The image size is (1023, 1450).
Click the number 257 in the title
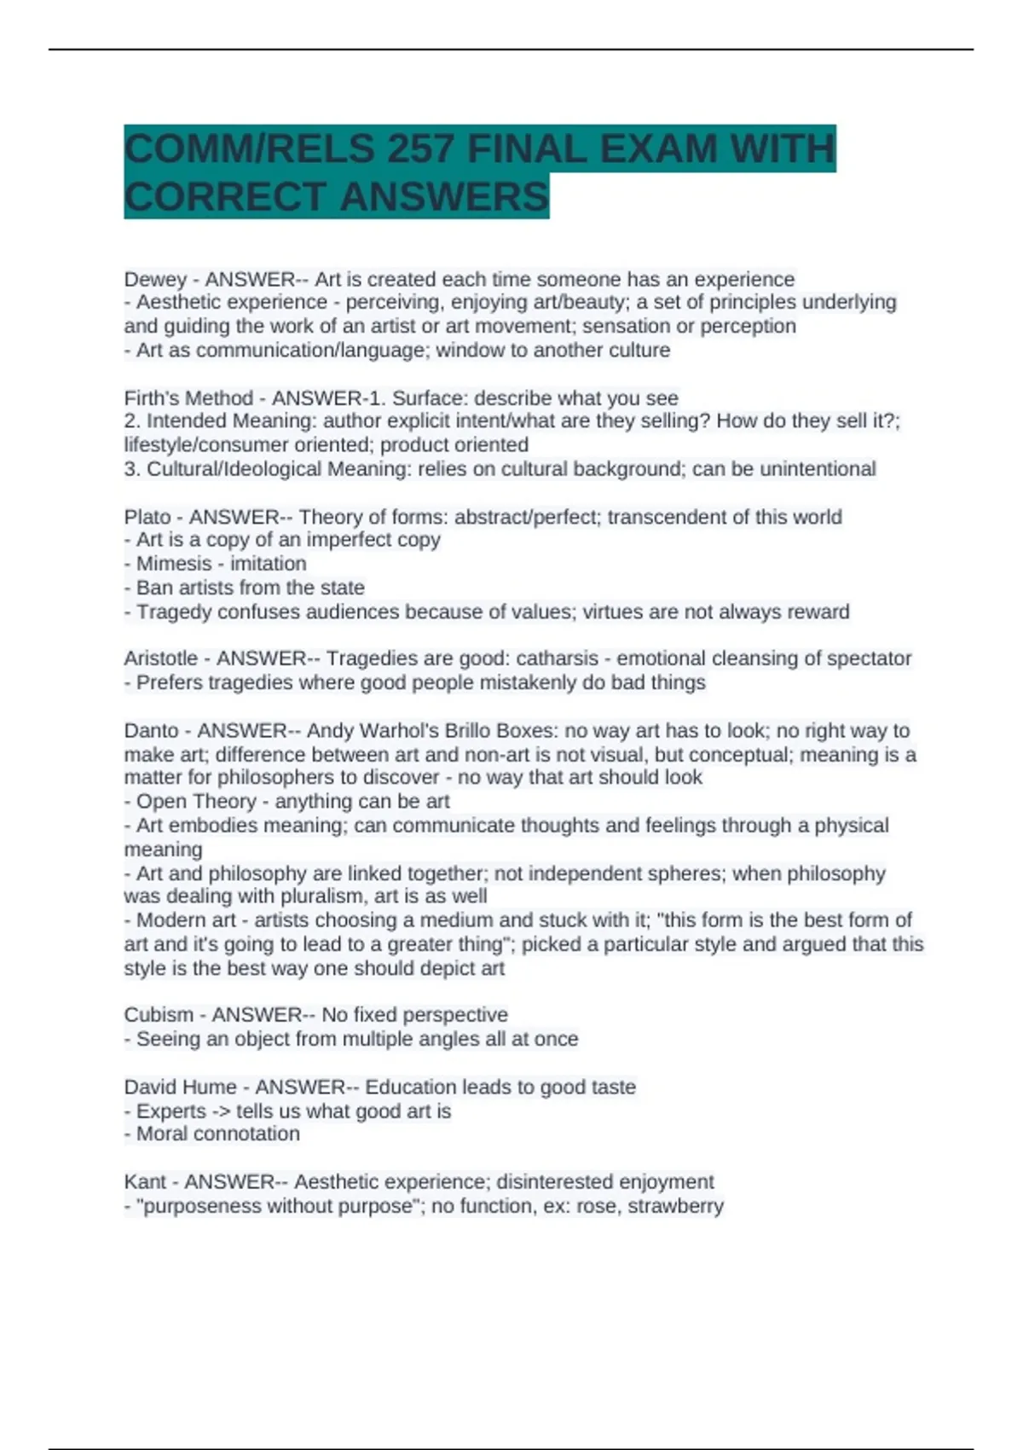pyautogui.click(x=419, y=149)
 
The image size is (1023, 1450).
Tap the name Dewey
pyautogui.click(x=155, y=280)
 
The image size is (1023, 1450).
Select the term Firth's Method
pyautogui.click(x=188, y=398)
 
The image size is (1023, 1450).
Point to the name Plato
pyautogui.click(x=147, y=517)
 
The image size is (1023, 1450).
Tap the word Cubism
pyautogui.click(x=158, y=1015)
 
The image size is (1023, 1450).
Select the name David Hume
pyautogui.click(x=180, y=1087)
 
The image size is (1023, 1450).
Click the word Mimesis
pyautogui.click(x=174, y=564)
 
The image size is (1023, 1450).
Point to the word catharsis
pyautogui.click(x=558, y=658)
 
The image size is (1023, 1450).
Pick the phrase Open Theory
pyautogui.click(x=196, y=802)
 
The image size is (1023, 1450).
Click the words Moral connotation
pyautogui.click(x=218, y=1134)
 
